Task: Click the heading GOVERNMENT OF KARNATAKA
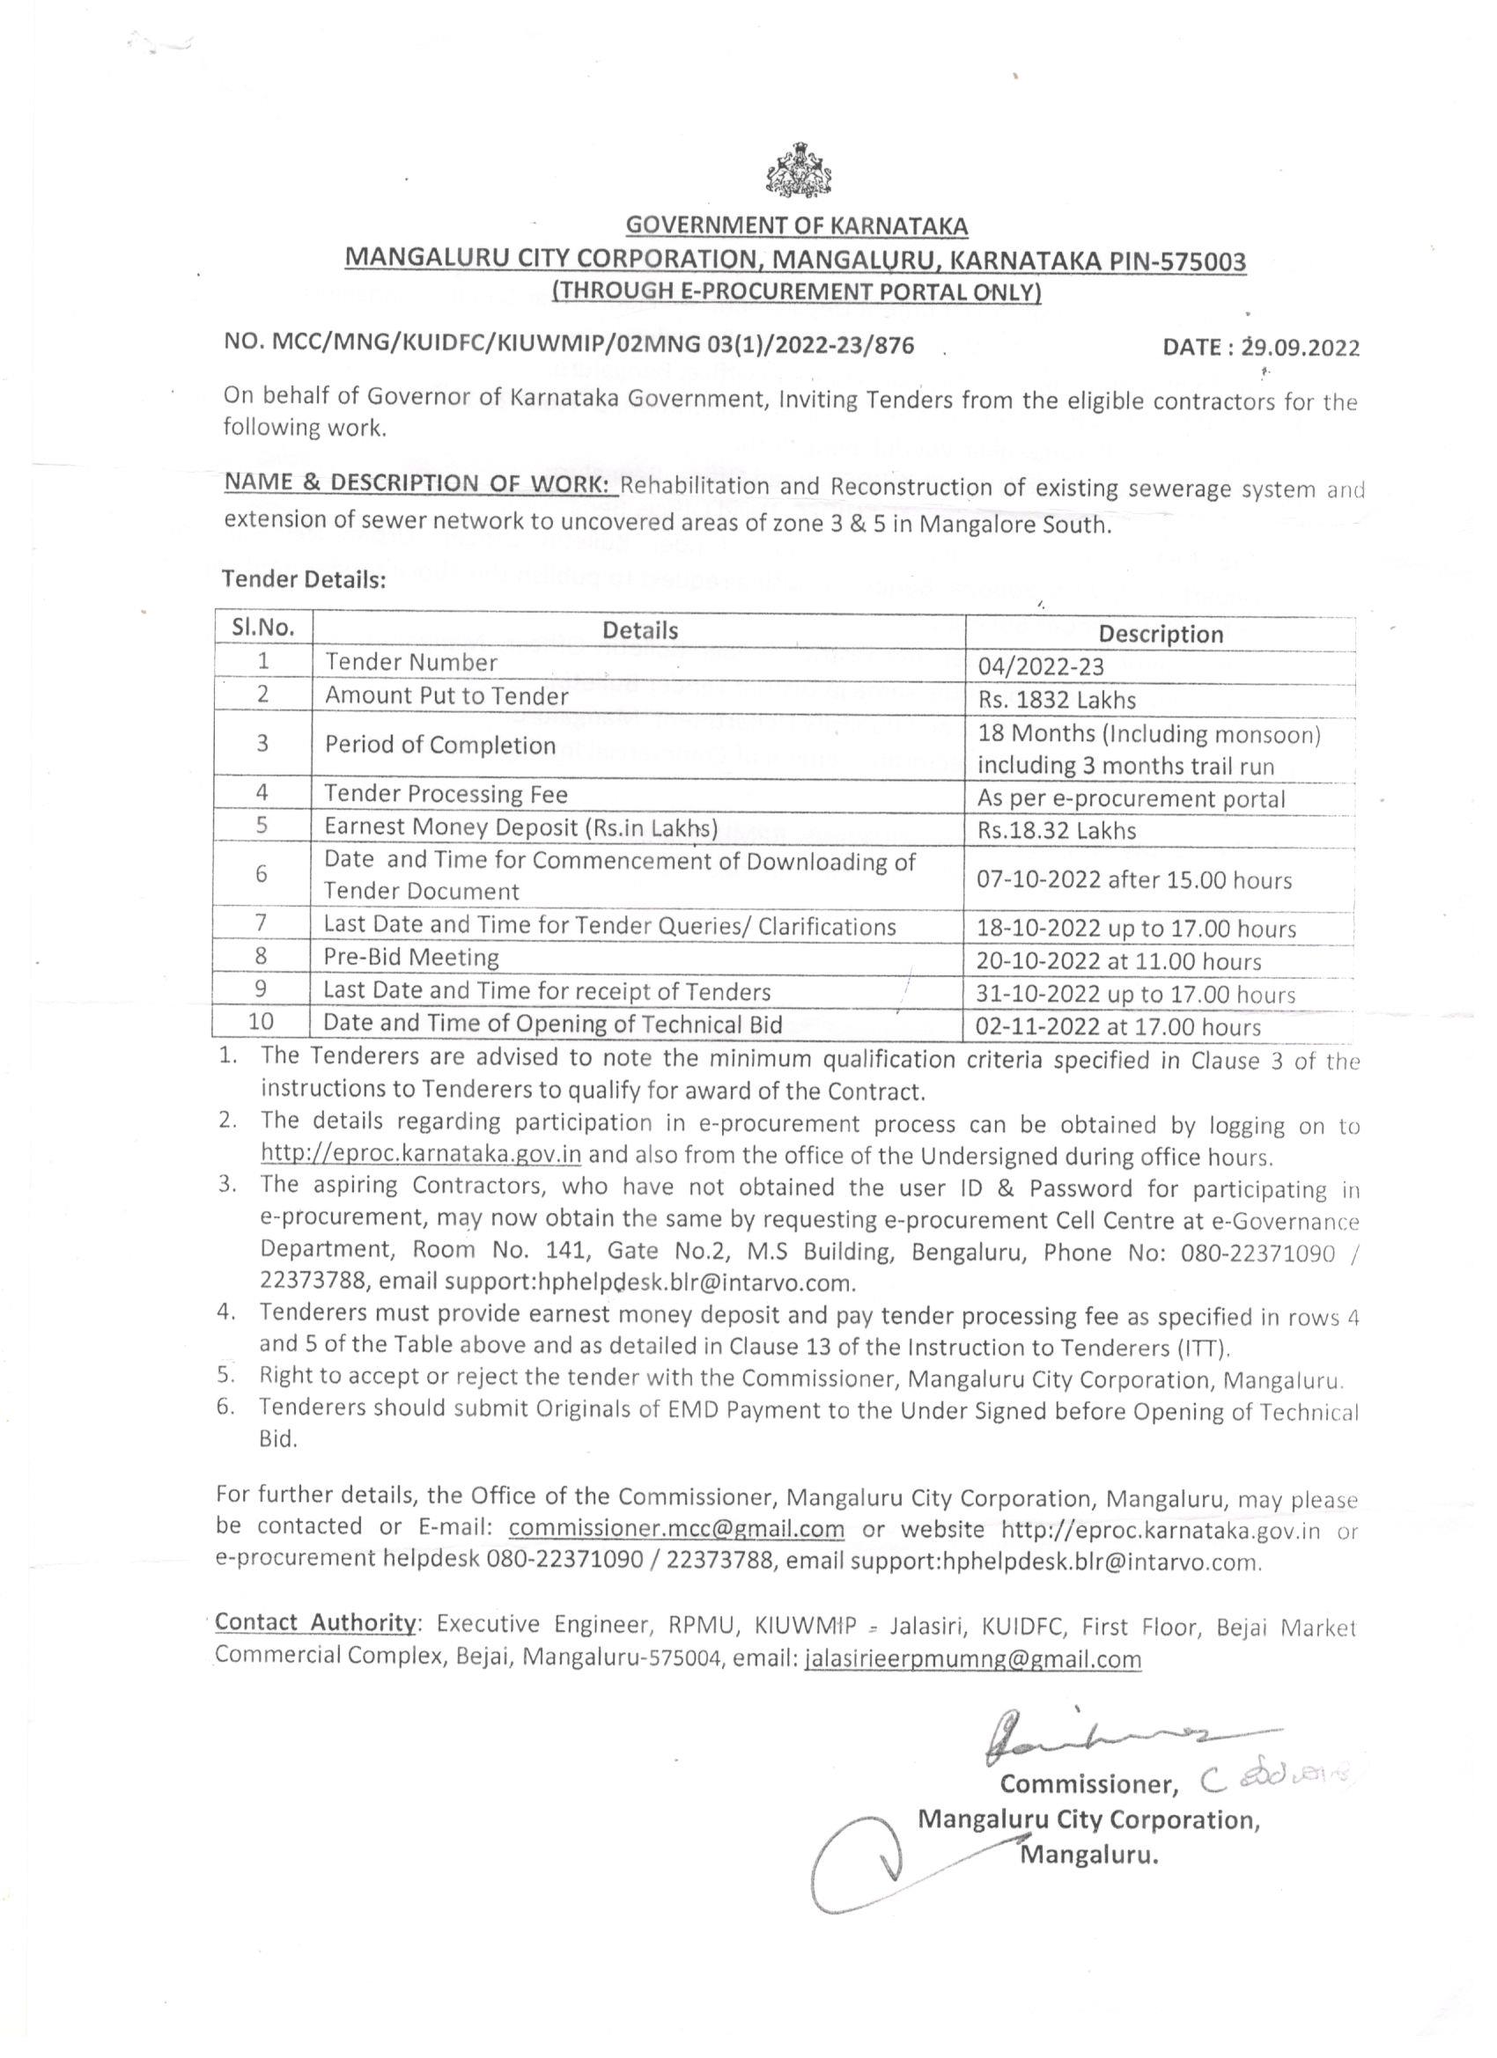[797, 225]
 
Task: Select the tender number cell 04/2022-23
[1040, 667]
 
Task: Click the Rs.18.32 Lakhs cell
[1057, 830]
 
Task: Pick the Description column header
[1161, 634]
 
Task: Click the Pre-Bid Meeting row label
[411, 958]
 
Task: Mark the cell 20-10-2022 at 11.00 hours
[1118, 961]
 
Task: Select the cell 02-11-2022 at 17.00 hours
[1118, 1027]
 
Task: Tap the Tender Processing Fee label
[446, 794]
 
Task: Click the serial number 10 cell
[262, 1022]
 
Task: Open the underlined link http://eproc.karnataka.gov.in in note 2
[421, 1156]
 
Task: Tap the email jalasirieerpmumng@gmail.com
[972, 1658]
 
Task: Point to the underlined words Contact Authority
[315, 1622]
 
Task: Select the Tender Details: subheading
[305, 581]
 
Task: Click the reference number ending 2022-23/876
[568, 345]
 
